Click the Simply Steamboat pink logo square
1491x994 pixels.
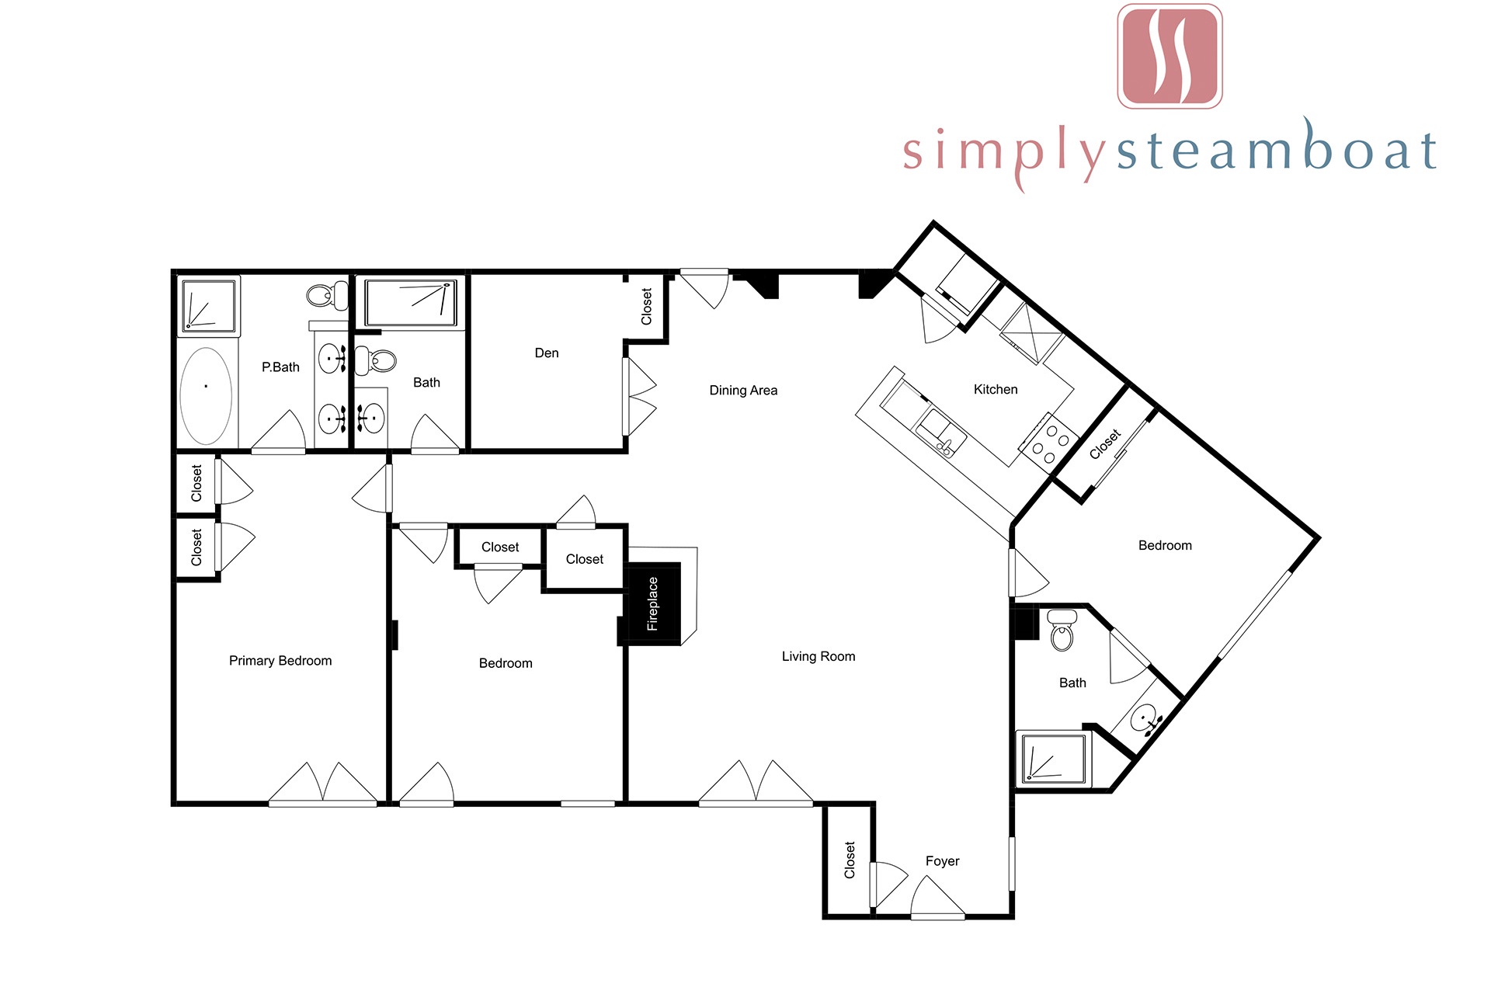(1170, 56)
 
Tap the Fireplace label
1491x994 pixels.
(652, 604)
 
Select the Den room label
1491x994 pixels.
(547, 353)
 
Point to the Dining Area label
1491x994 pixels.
(743, 391)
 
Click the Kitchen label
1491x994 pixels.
(996, 390)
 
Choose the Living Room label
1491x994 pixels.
(818, 657)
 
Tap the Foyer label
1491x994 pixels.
(942, 861)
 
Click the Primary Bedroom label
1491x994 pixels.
(280, 661)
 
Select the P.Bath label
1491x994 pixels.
(280, 367)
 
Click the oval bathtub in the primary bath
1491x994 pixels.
(206, 395)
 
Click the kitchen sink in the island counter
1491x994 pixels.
(940, 433)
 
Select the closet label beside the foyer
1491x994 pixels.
(850, 860)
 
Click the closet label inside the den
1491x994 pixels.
(646, 307)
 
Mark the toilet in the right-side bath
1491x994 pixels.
(1062, 629)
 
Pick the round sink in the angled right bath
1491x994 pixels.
(1146, 718)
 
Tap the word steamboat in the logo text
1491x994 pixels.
(1276, 149)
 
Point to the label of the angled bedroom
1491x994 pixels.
(1165, 546)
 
